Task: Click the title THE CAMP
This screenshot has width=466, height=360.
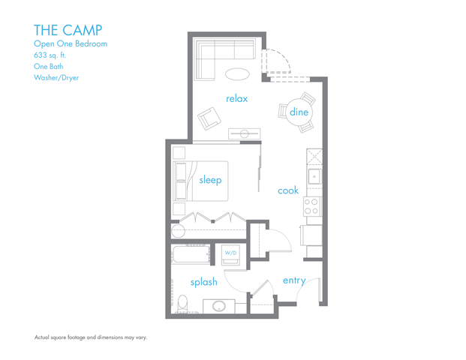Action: tap(68, 29)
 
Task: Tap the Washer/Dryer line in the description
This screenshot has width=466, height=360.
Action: tap(56, 77)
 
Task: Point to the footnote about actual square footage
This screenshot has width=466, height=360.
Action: tap(90, 337)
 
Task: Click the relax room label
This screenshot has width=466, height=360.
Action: tap(236, 98)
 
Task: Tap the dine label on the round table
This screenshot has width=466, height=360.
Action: tap(299, 112)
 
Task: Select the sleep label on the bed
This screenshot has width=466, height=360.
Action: tap(210, 179)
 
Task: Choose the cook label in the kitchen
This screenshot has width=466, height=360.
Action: tap(288, 190)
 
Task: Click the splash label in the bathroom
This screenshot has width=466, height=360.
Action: tap(203, 282)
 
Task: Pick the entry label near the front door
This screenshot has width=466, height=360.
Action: tap(293, 280)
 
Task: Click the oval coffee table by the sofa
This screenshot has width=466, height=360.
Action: tap(238, 73)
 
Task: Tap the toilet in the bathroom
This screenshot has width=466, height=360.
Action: tap(182, 304)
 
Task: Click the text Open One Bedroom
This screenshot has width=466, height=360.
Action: tap(71, 44)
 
